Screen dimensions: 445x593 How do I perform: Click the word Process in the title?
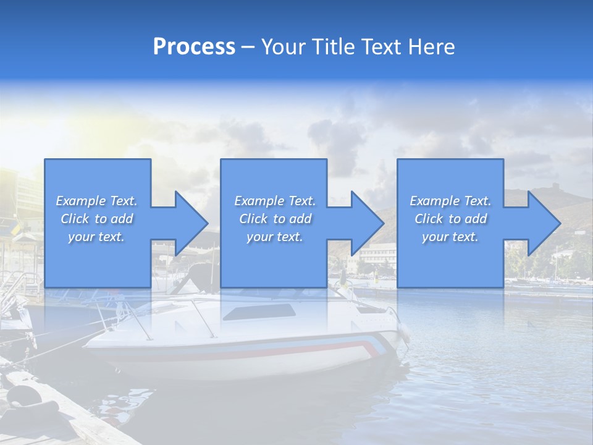point(194,47)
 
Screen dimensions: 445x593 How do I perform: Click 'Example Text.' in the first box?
point(97,201)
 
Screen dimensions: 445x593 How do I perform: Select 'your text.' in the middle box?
point(274,237)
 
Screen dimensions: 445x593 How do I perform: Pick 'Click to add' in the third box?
point(450,219)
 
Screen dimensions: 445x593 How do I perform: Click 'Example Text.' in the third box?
point(450,201)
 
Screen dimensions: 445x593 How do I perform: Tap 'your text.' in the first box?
point(97,237)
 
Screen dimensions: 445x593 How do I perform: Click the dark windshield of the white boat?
point(259,312)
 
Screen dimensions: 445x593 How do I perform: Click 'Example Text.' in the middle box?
point(274,201)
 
